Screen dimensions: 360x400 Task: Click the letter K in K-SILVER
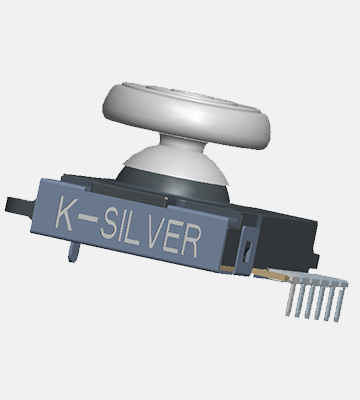[x=65, y=213]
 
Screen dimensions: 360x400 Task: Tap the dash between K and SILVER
[x=88, y=218]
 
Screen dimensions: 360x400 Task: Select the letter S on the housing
[x=108, y=222]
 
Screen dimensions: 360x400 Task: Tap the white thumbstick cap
[x=187, y=115]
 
